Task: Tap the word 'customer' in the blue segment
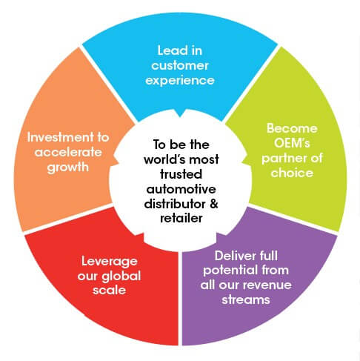tap(180, 66)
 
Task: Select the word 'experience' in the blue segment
tap(180, 81)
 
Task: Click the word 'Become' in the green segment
tap(292, 128)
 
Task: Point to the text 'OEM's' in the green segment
tap(292, 143)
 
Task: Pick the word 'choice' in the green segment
tap(292, 173)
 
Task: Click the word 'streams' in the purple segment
tap(246, 299)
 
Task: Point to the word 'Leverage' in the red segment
tap(110, 262)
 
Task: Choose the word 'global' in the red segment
tap(121, 276)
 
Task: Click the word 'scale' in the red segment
tap(110, 290)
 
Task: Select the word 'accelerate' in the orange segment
tap(68, 152)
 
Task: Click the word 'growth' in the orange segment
tap(68, 168)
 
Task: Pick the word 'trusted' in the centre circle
tap(181, 174)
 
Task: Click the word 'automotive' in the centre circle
tap(181, 189)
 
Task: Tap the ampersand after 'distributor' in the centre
tap(214, 204)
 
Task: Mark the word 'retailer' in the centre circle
tap(181, 219)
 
